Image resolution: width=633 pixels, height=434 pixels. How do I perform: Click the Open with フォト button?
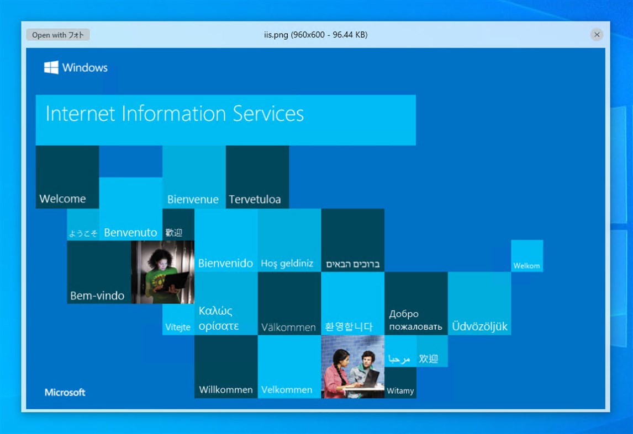(x=58, y=35)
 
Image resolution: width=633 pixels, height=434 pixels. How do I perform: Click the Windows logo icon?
(x=51, y=67)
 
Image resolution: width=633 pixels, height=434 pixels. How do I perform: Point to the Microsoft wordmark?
(x=65, y=392)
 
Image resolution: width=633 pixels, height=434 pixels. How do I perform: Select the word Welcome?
(x=62, y=199)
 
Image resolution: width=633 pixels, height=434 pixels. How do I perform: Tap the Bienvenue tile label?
(x=193, y=199)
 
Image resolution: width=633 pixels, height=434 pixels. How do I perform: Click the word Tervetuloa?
(x=255, y=199)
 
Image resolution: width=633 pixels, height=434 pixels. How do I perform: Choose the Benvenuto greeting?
(x=130, y=232)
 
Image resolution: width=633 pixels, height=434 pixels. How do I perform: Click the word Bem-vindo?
(x=97, y=296)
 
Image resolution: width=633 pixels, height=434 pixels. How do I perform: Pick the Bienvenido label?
(x=225, y=263)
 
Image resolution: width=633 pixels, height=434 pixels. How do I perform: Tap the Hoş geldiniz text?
(x=287, y=263)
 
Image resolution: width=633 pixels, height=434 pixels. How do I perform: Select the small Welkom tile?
(x=526, y=265)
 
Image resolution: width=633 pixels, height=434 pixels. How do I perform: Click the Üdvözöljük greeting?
(x=479, y=326)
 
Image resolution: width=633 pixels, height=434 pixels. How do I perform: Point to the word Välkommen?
(x=288, y=327)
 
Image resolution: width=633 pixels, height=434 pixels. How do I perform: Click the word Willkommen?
(x=226, y=389)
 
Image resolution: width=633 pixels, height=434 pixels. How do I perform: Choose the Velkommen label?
(x=287, y=389)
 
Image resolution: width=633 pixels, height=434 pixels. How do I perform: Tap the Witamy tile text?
(x=400, y=390)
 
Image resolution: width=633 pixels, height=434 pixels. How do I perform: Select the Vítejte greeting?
(x=178, y=326)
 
